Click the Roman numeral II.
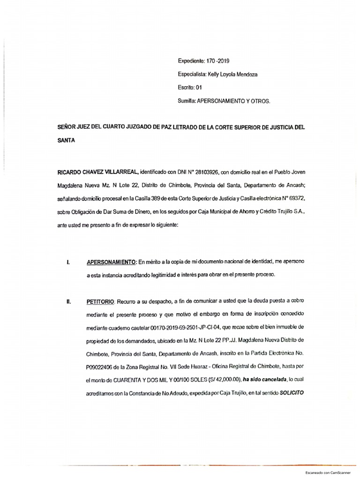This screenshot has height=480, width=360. pyautogui.click(x=68, y=300)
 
